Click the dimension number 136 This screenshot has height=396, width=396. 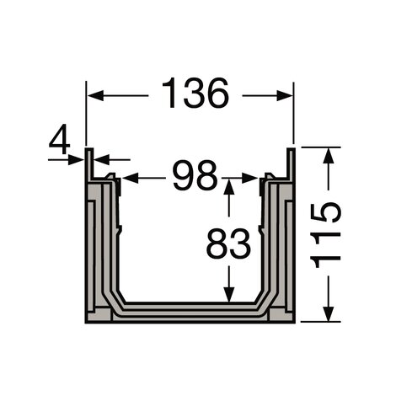pyautogui.click(x=195, y=94)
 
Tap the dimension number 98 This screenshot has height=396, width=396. pyautogui.click(x=195, y=175)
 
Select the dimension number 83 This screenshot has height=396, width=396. pyautogui.click(x=228, y=243)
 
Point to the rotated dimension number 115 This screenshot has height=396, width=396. pyautogui.click(x=325, y=235)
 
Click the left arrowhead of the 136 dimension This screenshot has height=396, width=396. pyautogui.click(x=95, y=96)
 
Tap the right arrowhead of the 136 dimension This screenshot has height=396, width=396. pyautogui.click(x=285, y=96)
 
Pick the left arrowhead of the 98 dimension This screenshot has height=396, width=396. pyautogui.click(x=131, y=178)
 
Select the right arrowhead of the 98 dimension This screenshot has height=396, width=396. pyautogui.click(x=249, y=178)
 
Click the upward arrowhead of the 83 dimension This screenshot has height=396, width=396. pyautogui.click(x=229, y=187)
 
